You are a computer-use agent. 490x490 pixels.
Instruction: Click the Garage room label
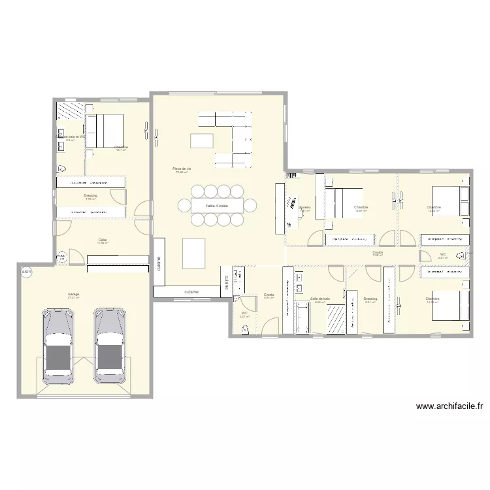click(73, 294)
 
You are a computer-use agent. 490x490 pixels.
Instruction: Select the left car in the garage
click(58, 346)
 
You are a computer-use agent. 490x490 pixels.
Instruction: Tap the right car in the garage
click(110, 346)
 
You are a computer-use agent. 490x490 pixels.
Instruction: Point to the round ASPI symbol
click(26, 272)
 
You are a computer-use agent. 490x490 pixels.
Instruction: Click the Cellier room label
click(103, 240)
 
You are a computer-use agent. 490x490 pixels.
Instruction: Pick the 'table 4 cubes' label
click(217, 206)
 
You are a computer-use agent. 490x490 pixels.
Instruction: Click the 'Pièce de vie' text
click(182, 169)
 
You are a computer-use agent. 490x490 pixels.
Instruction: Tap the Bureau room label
click(305, 207)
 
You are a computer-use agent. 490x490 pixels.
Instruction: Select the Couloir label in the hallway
click(378, 252)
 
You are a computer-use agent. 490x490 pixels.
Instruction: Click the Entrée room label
click(269, 295)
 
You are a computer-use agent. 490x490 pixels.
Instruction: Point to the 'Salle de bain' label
click(320, 299)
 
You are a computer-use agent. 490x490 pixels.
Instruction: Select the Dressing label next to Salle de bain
click(370, 299)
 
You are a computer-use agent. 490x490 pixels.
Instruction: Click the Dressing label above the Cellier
click(90, 195)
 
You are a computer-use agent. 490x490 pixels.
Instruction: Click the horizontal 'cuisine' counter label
click(191, 291)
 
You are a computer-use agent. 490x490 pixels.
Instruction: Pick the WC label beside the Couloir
click(442, 255)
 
